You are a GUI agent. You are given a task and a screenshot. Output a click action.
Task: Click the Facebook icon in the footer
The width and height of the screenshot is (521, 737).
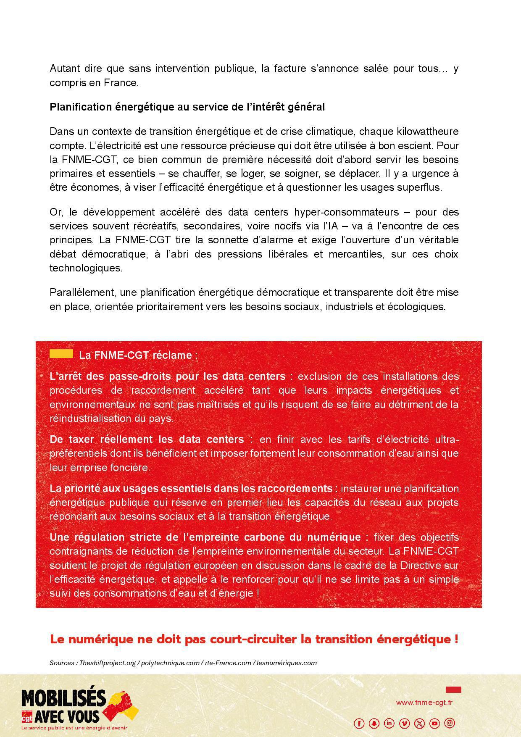(359, 723)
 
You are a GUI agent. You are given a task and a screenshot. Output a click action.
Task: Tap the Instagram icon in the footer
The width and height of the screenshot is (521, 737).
(450, 723)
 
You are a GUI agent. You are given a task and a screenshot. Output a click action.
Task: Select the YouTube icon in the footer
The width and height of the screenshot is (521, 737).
(435, 723)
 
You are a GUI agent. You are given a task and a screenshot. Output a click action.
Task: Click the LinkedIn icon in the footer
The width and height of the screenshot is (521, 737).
(389, 723)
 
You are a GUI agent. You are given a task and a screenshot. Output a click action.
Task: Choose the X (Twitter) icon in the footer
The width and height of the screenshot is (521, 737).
(420, 723)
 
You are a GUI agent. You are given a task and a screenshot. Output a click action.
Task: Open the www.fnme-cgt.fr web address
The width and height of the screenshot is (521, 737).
(424, 703)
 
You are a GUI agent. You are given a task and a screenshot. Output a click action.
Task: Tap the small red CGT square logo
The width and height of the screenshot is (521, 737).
(27, 716)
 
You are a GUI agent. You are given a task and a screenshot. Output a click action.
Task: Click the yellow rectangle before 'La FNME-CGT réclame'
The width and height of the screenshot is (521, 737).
(61, 354)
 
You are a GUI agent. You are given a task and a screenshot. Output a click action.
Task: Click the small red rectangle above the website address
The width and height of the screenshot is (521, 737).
(453, 690)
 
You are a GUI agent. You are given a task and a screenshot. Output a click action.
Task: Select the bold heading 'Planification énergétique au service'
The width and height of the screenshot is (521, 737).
(187, 107)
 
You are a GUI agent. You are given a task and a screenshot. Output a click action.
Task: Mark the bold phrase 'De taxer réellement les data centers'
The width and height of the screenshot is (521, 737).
(147, 440)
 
